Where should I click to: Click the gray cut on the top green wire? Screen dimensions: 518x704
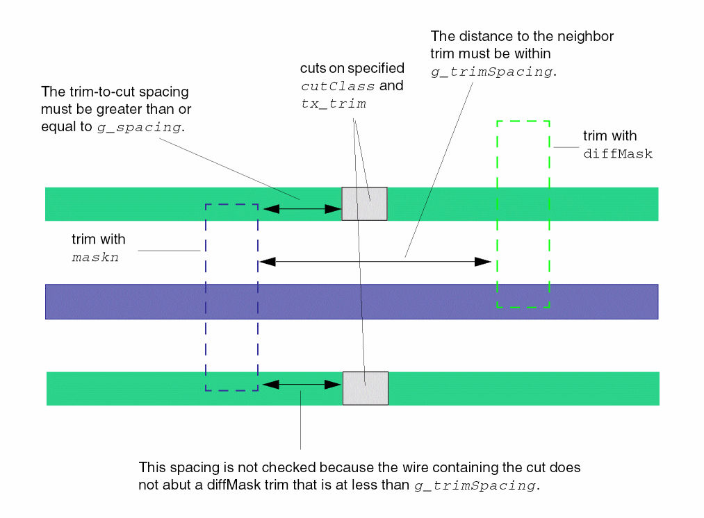364,203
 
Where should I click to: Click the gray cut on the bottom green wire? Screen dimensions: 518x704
365,388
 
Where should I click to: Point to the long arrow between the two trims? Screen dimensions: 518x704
375,262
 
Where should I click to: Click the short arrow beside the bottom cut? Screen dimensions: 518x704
300,383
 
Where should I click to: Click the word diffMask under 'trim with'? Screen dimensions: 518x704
618,154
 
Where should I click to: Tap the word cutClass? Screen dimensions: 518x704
338,86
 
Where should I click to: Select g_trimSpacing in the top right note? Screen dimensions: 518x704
492,72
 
